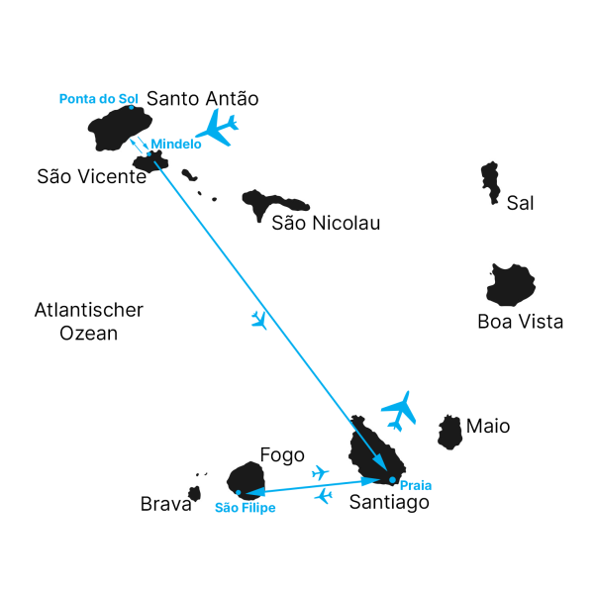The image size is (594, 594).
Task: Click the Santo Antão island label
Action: pyautogui.click(x=202, y=99)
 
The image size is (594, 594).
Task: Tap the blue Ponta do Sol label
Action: pyautogui.click(x=99, y=98)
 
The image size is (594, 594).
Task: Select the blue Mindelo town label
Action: pyautogui.click(x=176, y=144)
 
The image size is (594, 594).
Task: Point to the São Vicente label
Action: pyautogui.click(x=92, y=177)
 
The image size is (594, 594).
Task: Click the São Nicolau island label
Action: pyautogui.click(x=326, y=224)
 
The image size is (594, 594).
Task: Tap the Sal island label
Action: pyautogui.click(x=520, y=204)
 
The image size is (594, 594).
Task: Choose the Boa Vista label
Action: pyautogui.click(x=520, y=322)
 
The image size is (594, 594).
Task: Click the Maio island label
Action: pyautogui.click(x=488, y=427)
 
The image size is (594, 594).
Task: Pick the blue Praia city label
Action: pyautogui.click(x=416, y=486)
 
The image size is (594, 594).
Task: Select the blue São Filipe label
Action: pyautogui.click(x=245, y=508)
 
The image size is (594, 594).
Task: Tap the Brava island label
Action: pyautogui.click(x=165, y=505)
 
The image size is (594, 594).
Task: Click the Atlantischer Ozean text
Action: pyautogui.click(x=89, y=322)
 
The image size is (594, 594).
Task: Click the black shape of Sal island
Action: pyautogui.click(x=490, y=182)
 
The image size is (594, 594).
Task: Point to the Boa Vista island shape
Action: pyautogui.click(x=512, y=285)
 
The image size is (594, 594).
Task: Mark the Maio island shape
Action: pyautogui.click(x=450, y=432)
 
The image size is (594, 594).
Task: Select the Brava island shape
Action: pyautogui.click(x=195, y=493)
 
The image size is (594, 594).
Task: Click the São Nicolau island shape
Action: pyautogui.click(x=262, y=204)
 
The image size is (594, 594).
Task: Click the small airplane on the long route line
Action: pyautogui.click(x=259, y=319)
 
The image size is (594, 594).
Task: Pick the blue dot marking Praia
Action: pyautogui.click(x=393, y=480)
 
